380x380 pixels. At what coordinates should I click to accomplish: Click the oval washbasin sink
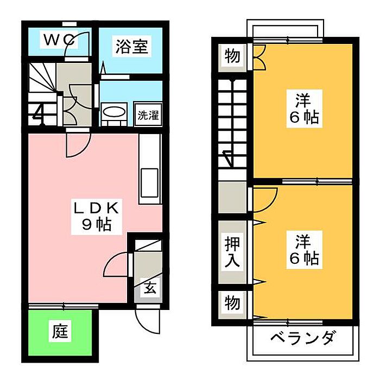[113, 112]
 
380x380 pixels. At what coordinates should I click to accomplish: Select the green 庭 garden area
[60, 331]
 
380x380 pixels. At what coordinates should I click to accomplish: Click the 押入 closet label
[232, 252]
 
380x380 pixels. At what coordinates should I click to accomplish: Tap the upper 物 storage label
[232, 56]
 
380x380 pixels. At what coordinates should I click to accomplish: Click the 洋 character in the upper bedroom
[303, 101]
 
